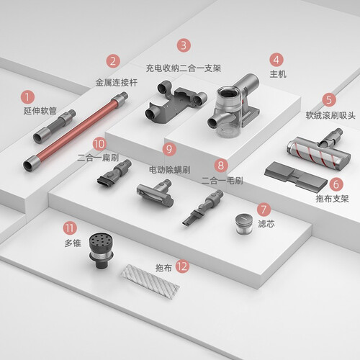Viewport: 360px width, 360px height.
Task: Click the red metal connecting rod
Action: tap(76, 131)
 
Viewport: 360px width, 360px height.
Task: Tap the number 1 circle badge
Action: tap(27, 97)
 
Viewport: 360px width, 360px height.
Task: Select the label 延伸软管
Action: tap(40, 111)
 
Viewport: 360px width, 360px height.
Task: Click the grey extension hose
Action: tap(55, 126)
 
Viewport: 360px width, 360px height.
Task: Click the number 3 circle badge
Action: tap(184, 45)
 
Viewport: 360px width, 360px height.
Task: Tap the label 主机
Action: tap(278, 74)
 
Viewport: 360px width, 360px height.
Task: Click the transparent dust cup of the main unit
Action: tap(227, 113)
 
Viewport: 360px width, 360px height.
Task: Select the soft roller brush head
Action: tap(319, 150)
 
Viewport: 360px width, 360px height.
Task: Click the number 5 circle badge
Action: tap(329, 99)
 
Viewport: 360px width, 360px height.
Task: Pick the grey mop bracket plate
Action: tap(296, 176)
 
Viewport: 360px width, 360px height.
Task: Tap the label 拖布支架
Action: tap(332, 199)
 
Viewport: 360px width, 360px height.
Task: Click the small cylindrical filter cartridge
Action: tap(243, 225)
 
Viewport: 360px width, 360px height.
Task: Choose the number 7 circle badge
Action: tap(264, 210)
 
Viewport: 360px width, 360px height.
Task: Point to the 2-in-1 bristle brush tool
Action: tap(203, 207)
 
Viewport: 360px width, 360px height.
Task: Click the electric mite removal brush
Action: tap(156, 193)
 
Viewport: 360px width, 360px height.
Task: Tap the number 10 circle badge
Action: tap(99, 144)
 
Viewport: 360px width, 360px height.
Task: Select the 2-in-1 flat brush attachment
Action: tap(114, 173)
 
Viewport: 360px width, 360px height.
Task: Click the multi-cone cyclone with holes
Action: tap(101, 251)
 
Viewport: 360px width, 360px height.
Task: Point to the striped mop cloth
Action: tap(150, 279)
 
